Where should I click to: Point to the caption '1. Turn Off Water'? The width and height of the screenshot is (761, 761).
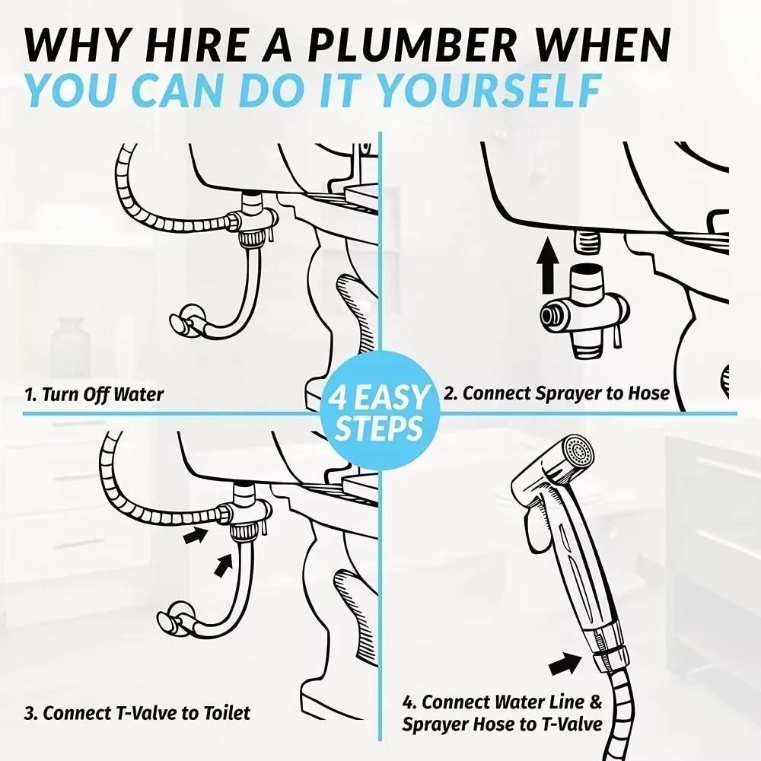click(x=94, y=394)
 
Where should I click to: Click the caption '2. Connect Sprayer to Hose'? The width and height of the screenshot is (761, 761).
click(x=556, y=393)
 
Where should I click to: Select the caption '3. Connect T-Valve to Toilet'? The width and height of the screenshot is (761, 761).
click(x=136, y=713)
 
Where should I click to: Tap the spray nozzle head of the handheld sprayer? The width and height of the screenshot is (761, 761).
click(x=574, y=456)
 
